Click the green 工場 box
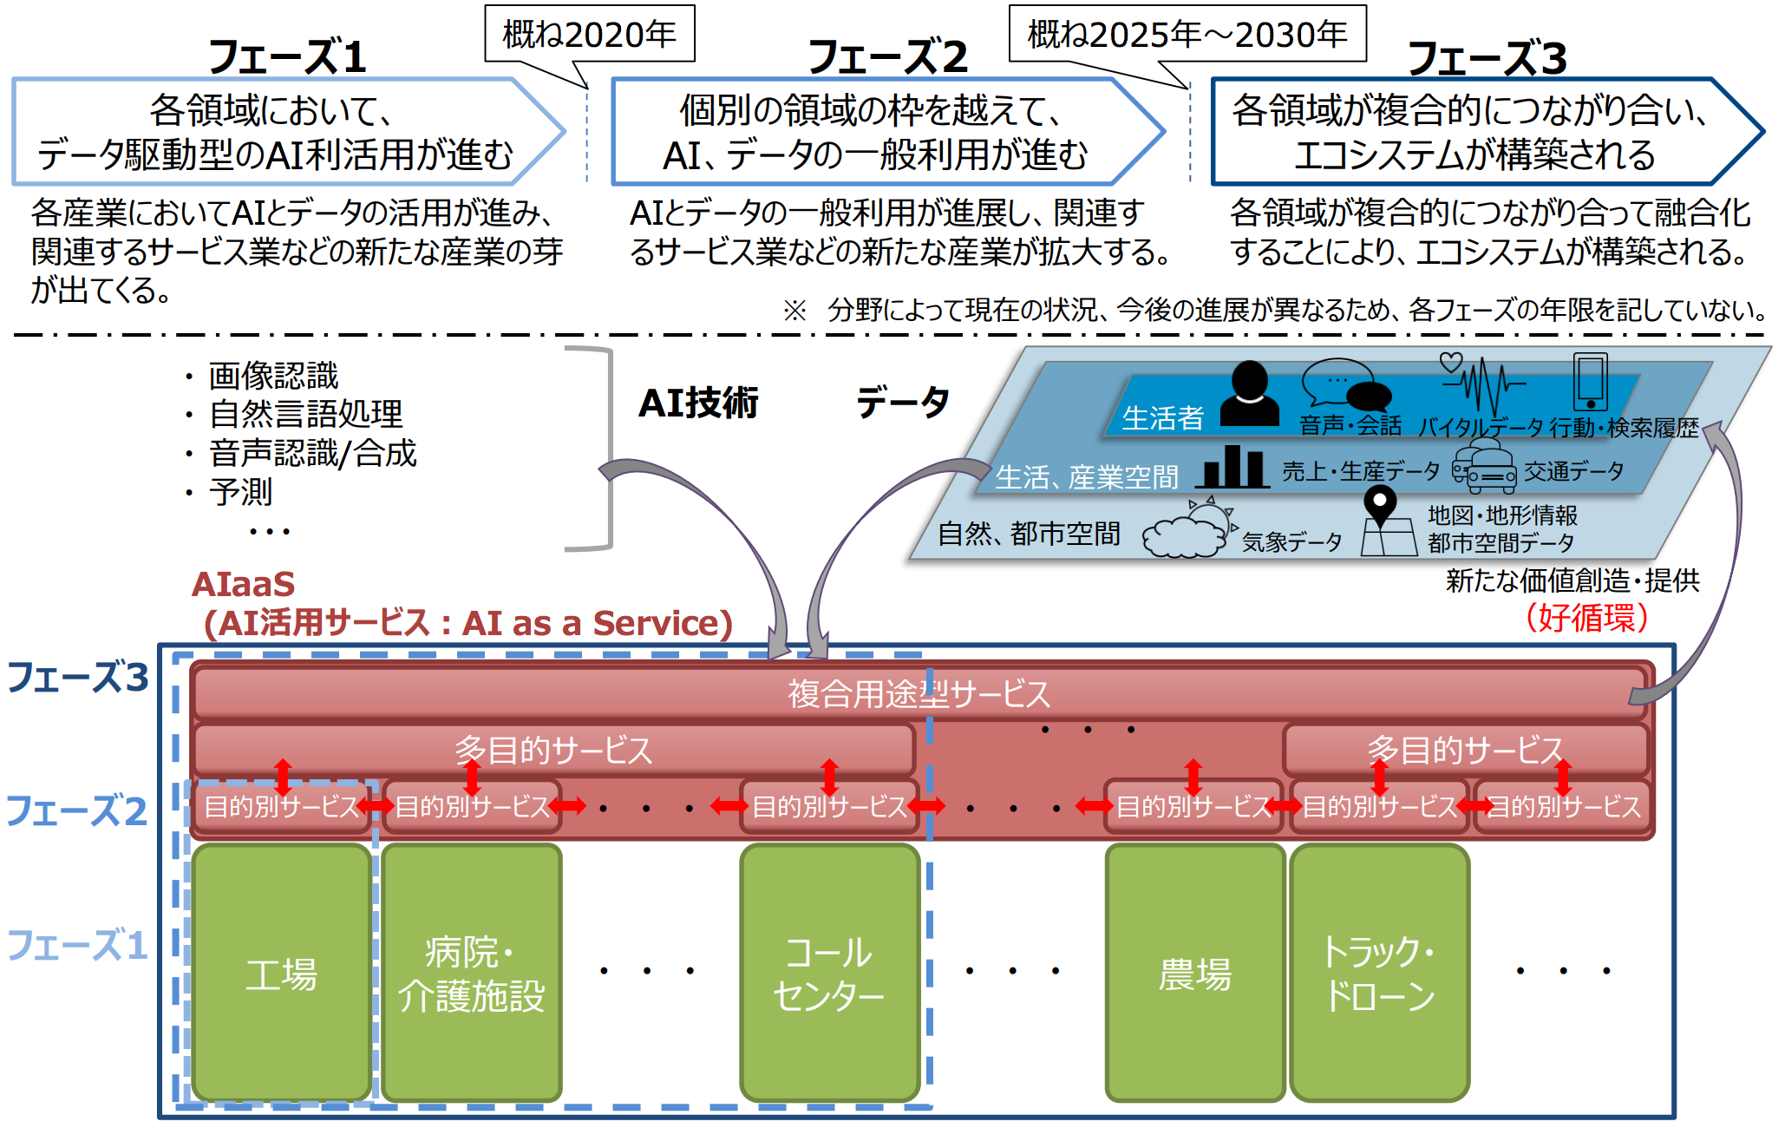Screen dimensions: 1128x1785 tap(282, 973)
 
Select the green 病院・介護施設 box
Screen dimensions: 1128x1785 tap(472, 973)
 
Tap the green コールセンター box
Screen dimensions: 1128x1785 tap(829, 973)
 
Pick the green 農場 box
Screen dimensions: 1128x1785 tap(1194, 973)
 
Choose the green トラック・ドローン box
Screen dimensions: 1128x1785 tap(1379, 973)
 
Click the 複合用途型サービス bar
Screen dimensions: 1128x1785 tap(919, 692)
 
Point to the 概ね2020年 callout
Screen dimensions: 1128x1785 tap(590, 35)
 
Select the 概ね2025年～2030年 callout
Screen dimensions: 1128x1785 tap(1187, 35)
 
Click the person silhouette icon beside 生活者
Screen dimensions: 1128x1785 tap(1249, 395)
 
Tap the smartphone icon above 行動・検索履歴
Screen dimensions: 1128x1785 tap(1590, 382)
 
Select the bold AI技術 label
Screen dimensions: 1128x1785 tap(698, 403)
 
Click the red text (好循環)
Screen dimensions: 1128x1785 tap(1586, 618)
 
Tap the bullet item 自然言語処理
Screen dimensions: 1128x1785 tap(305, 414)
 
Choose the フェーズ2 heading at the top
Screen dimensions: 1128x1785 tap(887, 57)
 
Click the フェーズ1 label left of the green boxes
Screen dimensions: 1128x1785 tap(77, 946)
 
